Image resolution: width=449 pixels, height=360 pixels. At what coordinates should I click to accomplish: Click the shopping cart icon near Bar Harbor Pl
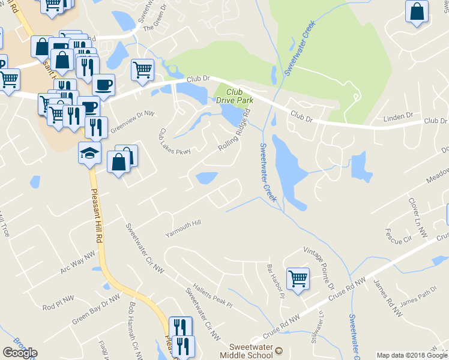point(298,278)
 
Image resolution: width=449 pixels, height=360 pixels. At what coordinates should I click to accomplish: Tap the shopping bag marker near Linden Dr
point(417,11)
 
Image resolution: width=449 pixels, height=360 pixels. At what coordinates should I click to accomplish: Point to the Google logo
point(20,353)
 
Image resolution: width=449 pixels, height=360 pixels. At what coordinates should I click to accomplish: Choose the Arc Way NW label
point(78,263)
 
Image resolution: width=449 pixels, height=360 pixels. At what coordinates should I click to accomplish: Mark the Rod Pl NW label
point(58,307)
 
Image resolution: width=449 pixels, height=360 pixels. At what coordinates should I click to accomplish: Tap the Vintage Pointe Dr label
point(319,269)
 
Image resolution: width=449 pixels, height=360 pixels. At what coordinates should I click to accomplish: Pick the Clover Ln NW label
point(418,215)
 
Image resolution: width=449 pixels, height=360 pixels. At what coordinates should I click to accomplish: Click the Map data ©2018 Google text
point(412,355)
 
